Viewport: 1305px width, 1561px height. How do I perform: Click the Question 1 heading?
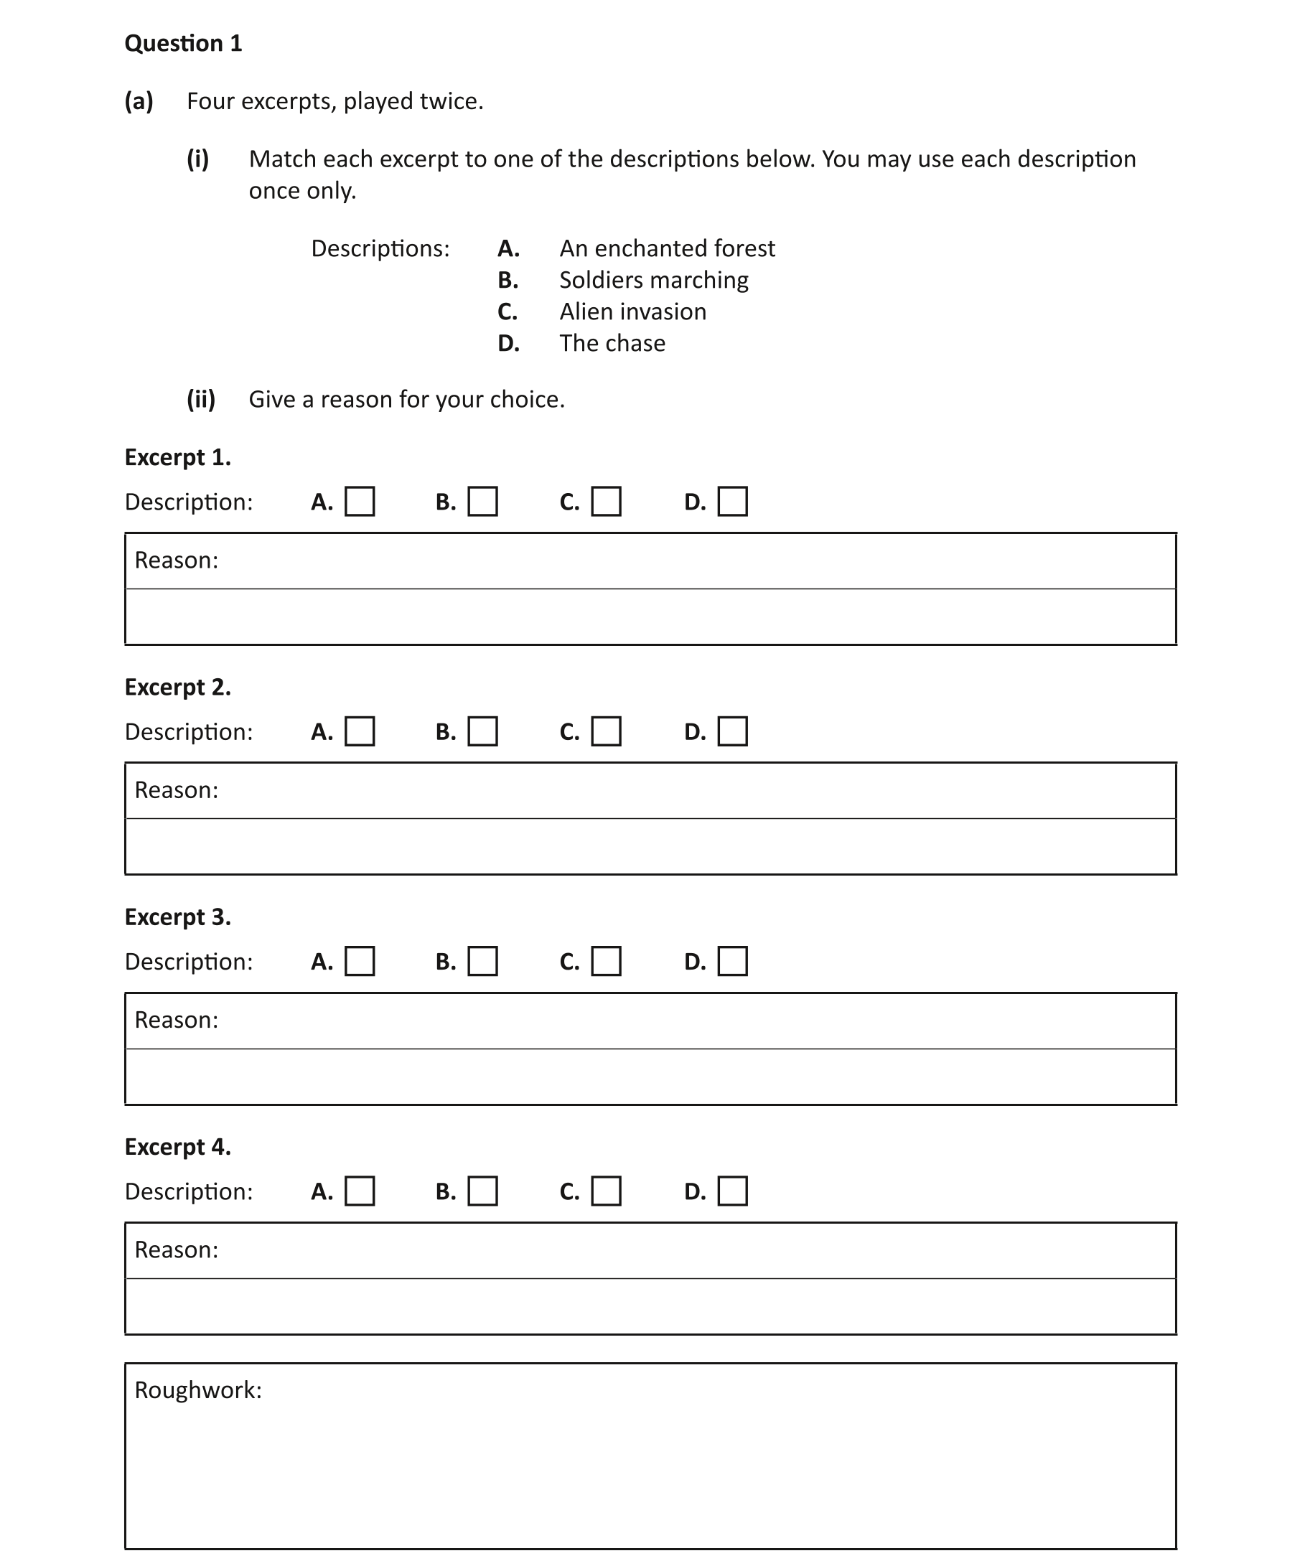coord(183,43)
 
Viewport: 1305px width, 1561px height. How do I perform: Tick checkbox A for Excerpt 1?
coord(360,501)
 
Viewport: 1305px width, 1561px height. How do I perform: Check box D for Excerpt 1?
coord(732,501)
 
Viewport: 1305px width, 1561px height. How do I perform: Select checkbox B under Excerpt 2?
coord(482,731)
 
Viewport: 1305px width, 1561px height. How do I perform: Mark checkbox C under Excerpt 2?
coord(606,731)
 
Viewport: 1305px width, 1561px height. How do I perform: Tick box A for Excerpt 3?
coord(360,960)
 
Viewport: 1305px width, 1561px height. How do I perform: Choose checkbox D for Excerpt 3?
coord(732,960)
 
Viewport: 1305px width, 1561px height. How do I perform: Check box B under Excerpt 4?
coord(482,1190)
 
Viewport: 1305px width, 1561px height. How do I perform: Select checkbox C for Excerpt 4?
coord(606,1190)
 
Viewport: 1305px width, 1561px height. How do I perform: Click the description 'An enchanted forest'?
coord(667,248)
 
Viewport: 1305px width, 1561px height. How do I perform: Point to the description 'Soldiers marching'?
coord(654,280)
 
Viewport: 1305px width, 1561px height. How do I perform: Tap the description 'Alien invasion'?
coord(633,311)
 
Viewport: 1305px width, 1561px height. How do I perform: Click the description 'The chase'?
coord(612,343)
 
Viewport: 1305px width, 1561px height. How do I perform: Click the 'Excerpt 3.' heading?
coord(178,917)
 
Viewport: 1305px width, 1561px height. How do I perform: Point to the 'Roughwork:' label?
coord(198,1390)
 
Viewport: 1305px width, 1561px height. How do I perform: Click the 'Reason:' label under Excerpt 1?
coord(177,560)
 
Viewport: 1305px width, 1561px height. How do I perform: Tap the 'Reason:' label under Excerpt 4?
coord(177,1250)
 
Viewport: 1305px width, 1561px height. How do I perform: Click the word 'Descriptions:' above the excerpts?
coord(380,248)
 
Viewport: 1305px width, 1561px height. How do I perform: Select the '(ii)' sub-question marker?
coord(201,399)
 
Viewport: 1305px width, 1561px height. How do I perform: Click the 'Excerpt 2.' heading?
coord(178,687)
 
